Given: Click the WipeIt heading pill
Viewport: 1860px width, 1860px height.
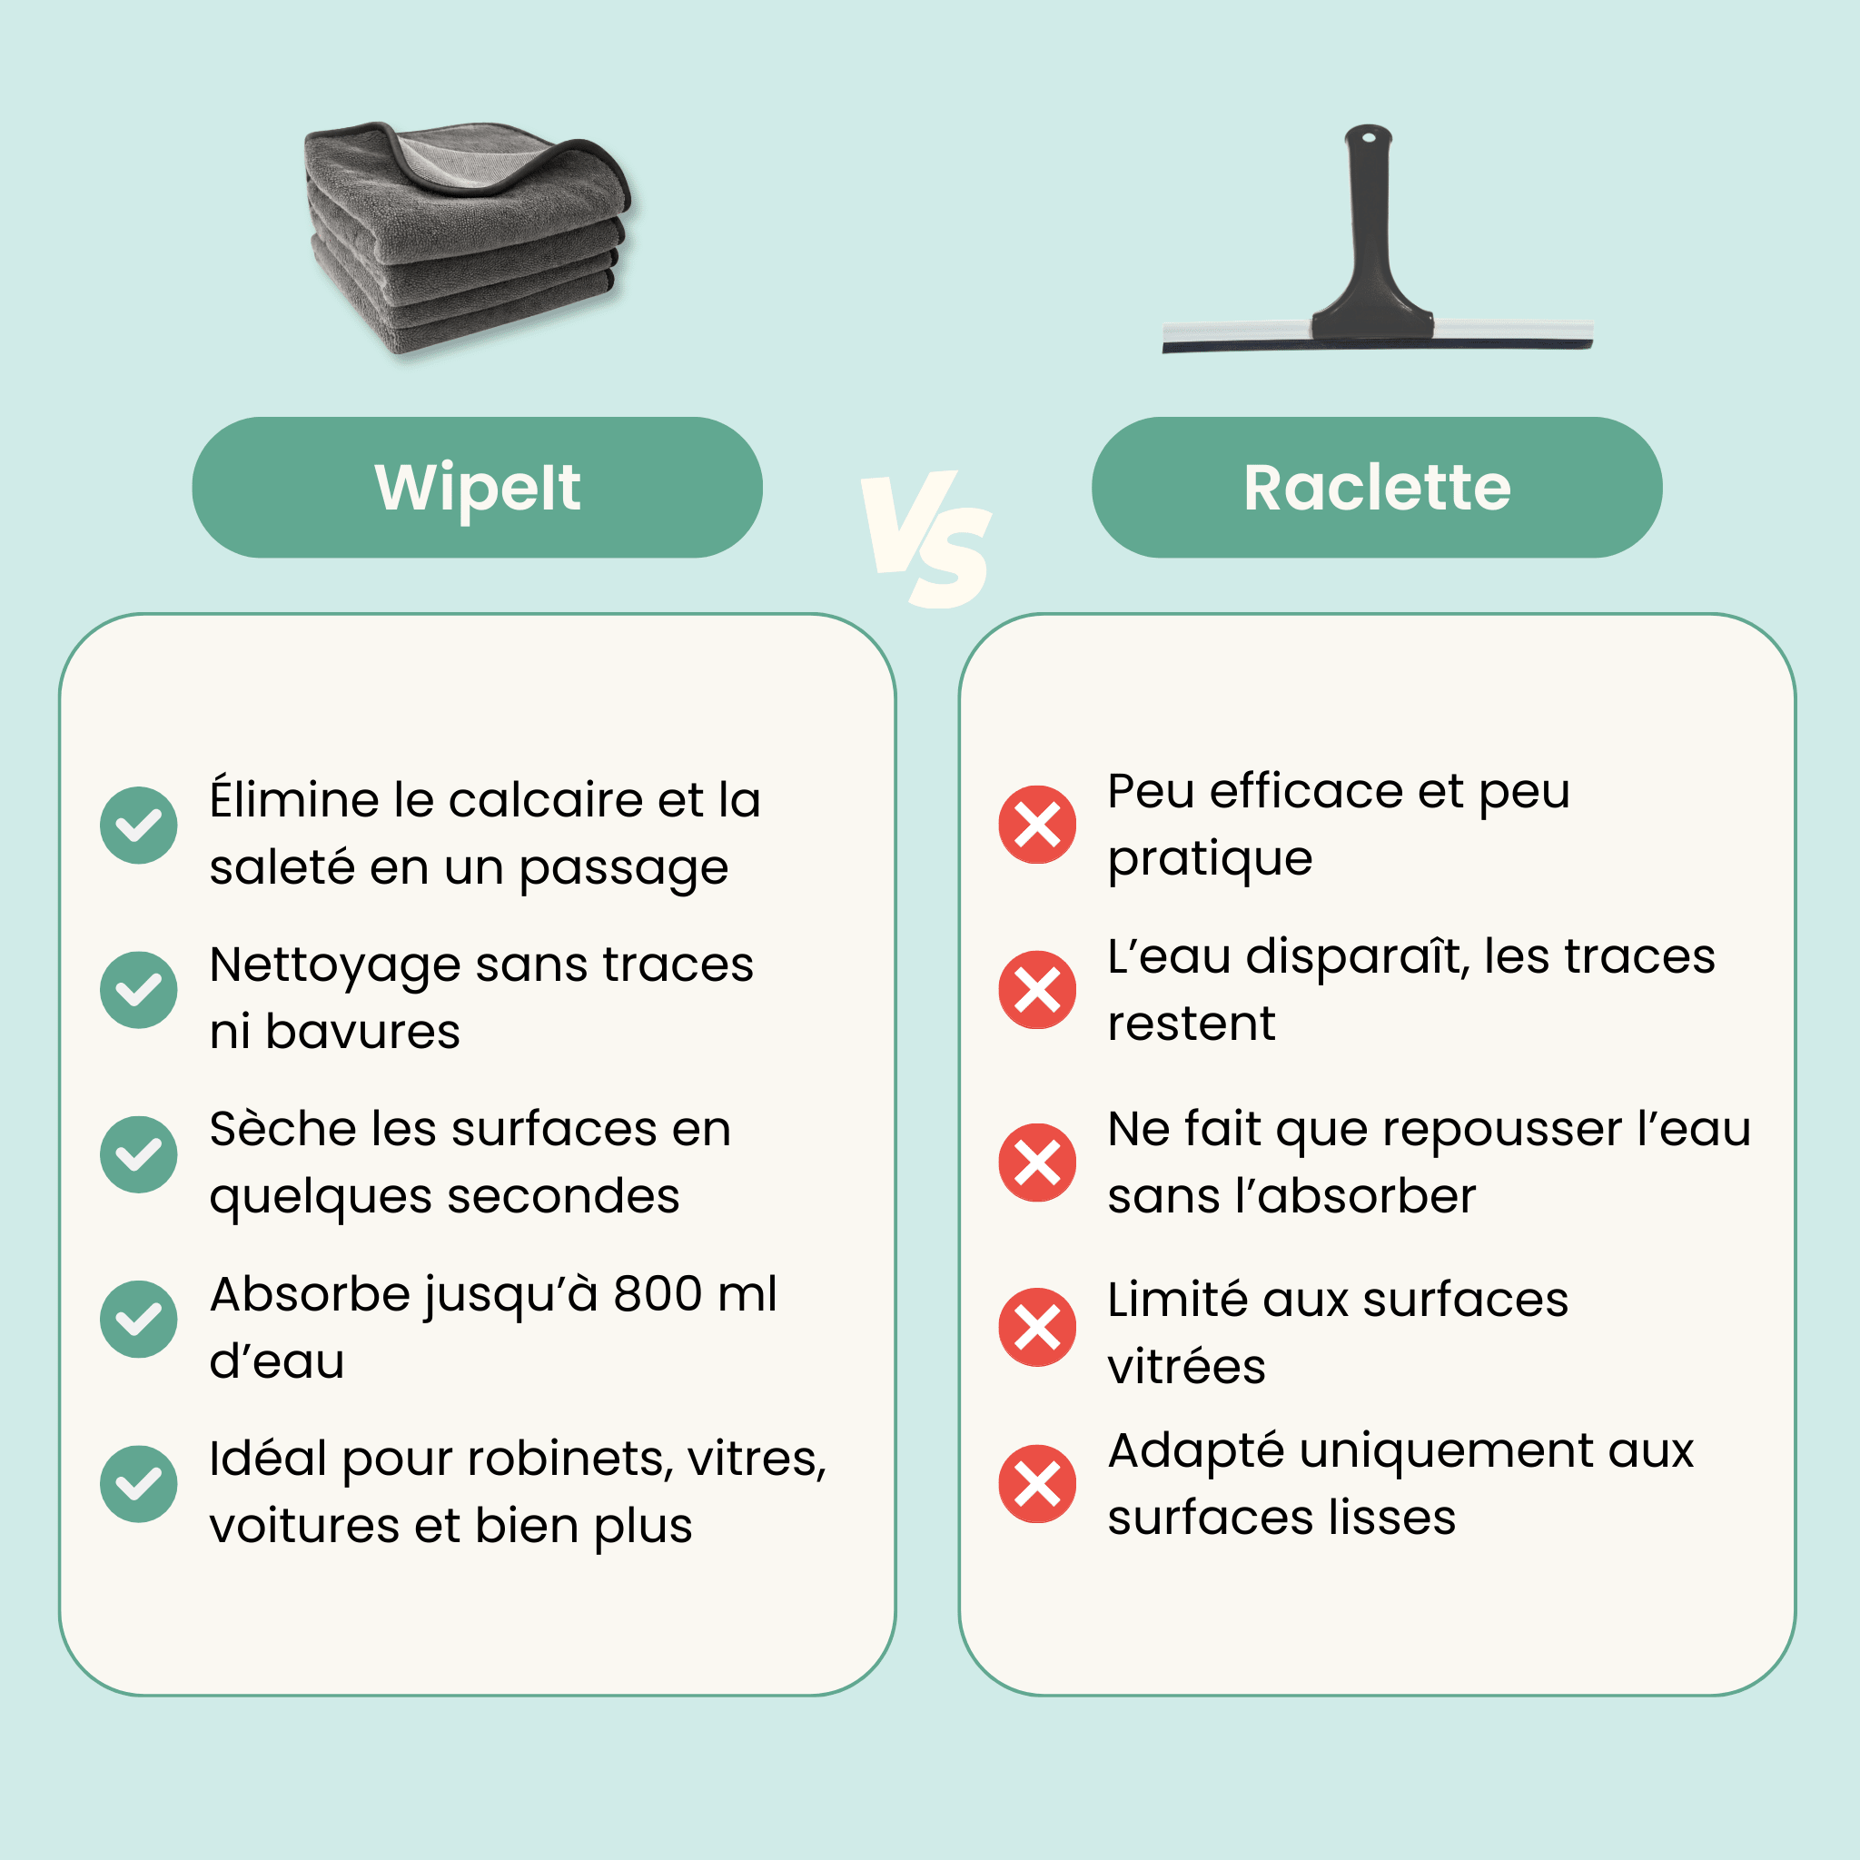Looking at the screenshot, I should click(x=478, y=487).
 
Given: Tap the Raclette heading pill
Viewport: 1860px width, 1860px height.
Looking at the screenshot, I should click(x=1377, y=487).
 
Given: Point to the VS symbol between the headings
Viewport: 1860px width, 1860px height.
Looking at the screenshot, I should click(x=926, y=539).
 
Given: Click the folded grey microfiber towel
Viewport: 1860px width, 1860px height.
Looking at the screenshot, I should click(x=467, y=236).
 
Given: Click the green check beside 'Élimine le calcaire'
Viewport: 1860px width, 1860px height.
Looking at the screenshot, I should click(x=139, y=825).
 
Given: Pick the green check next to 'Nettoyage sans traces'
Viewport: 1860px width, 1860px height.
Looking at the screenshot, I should click(x=139, y=990).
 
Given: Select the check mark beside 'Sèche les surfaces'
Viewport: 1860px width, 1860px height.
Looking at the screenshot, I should click(x=139, y=1154).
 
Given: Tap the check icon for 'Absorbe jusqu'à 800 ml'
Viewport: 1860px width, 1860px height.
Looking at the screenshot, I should click(x=139, y=1319).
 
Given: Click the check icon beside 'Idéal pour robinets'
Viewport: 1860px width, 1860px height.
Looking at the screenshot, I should click(x=139, y=1484).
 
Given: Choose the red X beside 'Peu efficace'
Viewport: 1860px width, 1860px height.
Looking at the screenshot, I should click(x=1037, y=825).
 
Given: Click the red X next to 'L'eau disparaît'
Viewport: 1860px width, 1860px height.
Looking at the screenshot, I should click(x=1037, y=990).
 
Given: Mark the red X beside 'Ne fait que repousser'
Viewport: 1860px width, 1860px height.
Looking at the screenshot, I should click(x=1037, y=1162).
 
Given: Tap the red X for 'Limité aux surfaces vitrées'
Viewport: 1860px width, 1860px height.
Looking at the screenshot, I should click(x=1037, y=1327).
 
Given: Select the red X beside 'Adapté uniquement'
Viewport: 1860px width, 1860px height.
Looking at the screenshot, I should click(x=1037, y=1484).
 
